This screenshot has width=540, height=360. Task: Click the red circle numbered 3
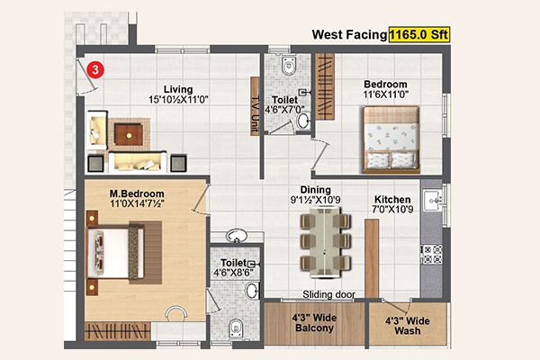click(95, 69)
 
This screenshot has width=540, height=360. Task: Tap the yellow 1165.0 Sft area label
click(419, 34)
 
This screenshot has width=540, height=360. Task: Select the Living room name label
click(178, 90)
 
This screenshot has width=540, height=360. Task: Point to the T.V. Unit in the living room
click(255, 106)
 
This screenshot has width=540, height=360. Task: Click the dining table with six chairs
click(325, 242)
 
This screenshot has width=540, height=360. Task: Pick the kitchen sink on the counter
click(433, 201)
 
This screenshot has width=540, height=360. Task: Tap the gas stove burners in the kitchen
click(432, 254)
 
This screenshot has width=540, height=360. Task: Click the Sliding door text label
click(328, 294)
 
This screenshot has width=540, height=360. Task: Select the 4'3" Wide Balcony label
click(314, 323)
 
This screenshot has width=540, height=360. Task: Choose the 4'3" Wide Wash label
click(408, 326)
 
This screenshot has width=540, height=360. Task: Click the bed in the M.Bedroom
click(124, 250)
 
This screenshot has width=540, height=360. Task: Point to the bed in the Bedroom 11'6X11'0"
click(391, 139)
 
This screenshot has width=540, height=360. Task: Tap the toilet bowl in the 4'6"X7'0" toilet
click(289, 66)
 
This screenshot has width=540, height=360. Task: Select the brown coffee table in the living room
click(129, 135)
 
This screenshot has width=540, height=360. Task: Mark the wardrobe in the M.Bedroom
click(117, 331)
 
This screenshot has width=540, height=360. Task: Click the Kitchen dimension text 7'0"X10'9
click(392, 209)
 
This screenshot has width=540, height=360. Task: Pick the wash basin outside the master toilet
click(236, 236)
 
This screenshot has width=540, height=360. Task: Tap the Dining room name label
click(316, 190)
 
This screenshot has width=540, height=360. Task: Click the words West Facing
click(349, 35)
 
